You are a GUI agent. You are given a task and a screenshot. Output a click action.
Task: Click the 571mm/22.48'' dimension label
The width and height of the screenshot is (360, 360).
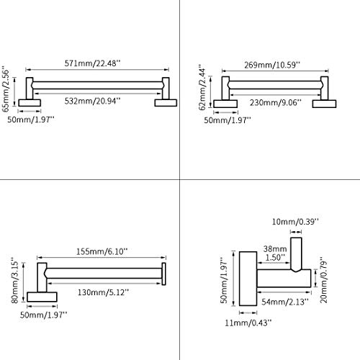click(92, 63)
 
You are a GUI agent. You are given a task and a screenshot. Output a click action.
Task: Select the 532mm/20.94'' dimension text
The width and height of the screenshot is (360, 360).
click(92, 101)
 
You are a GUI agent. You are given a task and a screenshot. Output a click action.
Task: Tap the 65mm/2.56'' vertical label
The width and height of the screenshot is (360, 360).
click(6, 89)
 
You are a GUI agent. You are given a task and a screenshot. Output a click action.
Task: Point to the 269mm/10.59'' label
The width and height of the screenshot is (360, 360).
click(272, 65)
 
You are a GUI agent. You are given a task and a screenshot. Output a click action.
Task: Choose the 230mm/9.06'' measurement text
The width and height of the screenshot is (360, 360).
click(275, 103)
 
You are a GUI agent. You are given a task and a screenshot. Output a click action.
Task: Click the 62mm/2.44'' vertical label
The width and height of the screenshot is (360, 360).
click(202, 87)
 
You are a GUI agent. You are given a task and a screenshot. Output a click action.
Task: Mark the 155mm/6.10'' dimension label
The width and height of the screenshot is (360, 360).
click(102, 251)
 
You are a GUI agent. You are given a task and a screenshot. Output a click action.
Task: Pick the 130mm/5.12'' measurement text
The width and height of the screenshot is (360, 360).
click(103, 292)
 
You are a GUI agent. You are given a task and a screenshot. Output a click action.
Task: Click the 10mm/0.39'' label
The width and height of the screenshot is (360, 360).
click(295, 222)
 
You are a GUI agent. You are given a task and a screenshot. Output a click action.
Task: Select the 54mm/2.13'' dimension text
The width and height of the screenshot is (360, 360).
click(285, 302)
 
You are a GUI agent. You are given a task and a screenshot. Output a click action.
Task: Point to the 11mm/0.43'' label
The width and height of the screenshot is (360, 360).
click(248, 323)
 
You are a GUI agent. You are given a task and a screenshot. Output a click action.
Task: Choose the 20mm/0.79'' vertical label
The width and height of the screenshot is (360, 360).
click(324, 280)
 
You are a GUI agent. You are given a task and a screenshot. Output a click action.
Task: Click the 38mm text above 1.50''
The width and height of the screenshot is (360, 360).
click(275, 249)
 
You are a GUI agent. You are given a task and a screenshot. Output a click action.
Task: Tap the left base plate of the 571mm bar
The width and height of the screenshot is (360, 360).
click(30, 103)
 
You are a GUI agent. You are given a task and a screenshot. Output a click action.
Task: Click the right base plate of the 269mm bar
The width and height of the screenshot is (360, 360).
click(324, 104)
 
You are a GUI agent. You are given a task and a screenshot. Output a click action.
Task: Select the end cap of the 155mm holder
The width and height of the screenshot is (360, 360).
click(164, 274)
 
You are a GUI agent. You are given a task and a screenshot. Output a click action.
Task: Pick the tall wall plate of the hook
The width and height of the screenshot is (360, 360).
click(248, 279)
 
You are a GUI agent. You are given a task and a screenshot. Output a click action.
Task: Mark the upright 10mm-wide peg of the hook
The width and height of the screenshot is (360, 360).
click(296, 254)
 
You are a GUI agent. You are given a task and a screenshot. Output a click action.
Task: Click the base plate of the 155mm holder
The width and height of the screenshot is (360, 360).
click(42, 297)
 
